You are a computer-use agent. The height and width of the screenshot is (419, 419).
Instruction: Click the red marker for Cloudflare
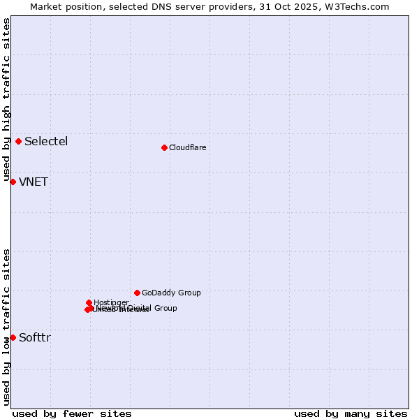pos(164,147)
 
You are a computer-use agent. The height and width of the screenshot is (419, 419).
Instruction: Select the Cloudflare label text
pos(187,147)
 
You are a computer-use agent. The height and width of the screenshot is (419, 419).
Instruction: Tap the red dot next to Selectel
pos(18,141)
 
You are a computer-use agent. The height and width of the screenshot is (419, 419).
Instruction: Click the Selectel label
pos(46,141)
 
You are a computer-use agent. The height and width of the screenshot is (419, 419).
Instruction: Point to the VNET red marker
pos(13,182)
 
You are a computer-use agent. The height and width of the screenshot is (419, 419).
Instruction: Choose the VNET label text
pos(34,182)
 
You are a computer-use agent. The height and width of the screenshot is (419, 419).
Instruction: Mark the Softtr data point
pos(13,337)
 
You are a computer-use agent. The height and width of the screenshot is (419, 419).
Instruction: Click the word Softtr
pos(35,338)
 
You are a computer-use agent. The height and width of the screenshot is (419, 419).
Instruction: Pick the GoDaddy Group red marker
pos(137,293)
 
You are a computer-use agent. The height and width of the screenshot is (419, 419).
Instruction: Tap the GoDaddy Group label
pos(171,293)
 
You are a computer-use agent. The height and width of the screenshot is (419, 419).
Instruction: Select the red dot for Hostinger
pos(89,302)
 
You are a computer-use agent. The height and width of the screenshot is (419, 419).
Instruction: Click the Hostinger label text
pos(111,302)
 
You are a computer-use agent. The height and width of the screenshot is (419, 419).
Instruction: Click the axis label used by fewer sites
pos(72,413)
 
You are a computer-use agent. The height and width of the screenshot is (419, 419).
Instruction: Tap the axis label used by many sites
pos(351,413)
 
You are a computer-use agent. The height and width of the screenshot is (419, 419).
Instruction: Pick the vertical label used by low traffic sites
pos(6,326)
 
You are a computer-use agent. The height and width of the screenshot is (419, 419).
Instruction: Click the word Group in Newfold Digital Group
pos(166,308)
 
